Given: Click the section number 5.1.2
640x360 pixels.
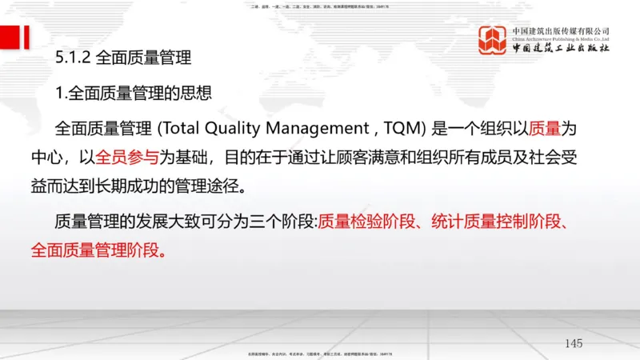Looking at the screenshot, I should pyautogui.click(x=73, y=58).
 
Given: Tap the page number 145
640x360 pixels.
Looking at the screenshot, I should pyautogui.click(x=573, y=343).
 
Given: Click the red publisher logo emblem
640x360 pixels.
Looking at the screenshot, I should pyautogui.click(x=493, y=40).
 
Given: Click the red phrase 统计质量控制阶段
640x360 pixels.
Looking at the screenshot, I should pyautogui.click(x=494, y=222).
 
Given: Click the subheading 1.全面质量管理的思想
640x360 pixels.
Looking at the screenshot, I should pyautogui.click(x=134, y=93).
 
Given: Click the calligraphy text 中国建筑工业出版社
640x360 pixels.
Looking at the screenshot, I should pyautogui.click(x=561, y=48).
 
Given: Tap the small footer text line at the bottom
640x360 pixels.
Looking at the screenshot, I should pyautogui.click(x=319, y=353).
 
